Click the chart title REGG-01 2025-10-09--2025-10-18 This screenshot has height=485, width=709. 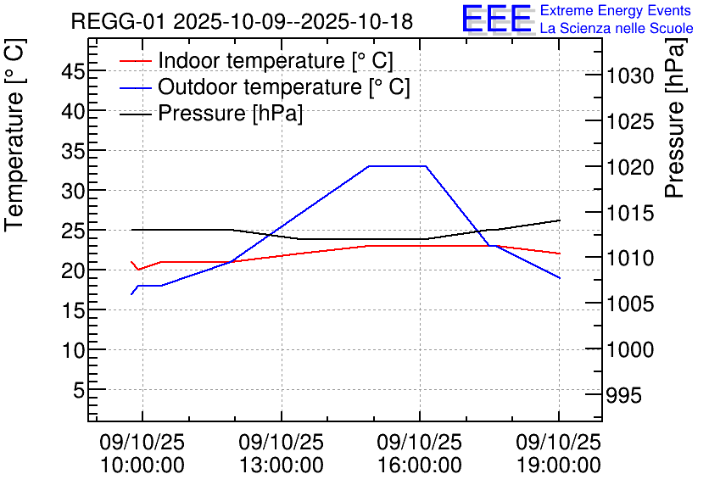tap(242, 22)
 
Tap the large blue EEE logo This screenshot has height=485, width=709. tap(496, 19)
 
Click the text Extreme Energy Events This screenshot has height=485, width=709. tap(616, 11)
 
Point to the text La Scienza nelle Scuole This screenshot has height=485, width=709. tap(617, 29)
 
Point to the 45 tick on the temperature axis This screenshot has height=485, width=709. tap(73, 71)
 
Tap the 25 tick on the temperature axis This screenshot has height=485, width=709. tap(73, 231)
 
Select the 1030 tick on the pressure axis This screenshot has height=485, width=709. tap(629, 77)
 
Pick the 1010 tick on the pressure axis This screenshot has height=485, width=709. tap(629, 259)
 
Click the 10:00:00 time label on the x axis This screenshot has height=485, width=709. tap(142, 465)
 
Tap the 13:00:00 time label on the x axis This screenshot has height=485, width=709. tap(281, 465)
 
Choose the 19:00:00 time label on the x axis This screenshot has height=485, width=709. tap(558, 465)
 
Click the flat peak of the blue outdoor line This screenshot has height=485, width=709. tap(397, 166)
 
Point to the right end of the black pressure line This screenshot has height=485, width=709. tap(560, 220)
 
